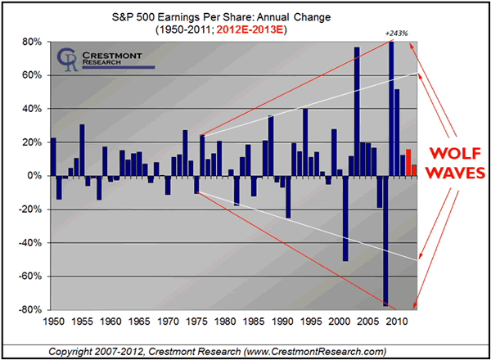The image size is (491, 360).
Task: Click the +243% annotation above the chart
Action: (393, 34)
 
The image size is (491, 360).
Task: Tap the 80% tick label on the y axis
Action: (32, 42)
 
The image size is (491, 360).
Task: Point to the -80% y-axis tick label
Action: (30, 310)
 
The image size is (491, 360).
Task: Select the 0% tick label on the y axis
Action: (34, 176)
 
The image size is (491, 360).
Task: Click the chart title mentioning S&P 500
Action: (245, 15)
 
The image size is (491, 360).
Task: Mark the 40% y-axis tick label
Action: (32, 109)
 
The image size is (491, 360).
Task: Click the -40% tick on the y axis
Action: (30, 243)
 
